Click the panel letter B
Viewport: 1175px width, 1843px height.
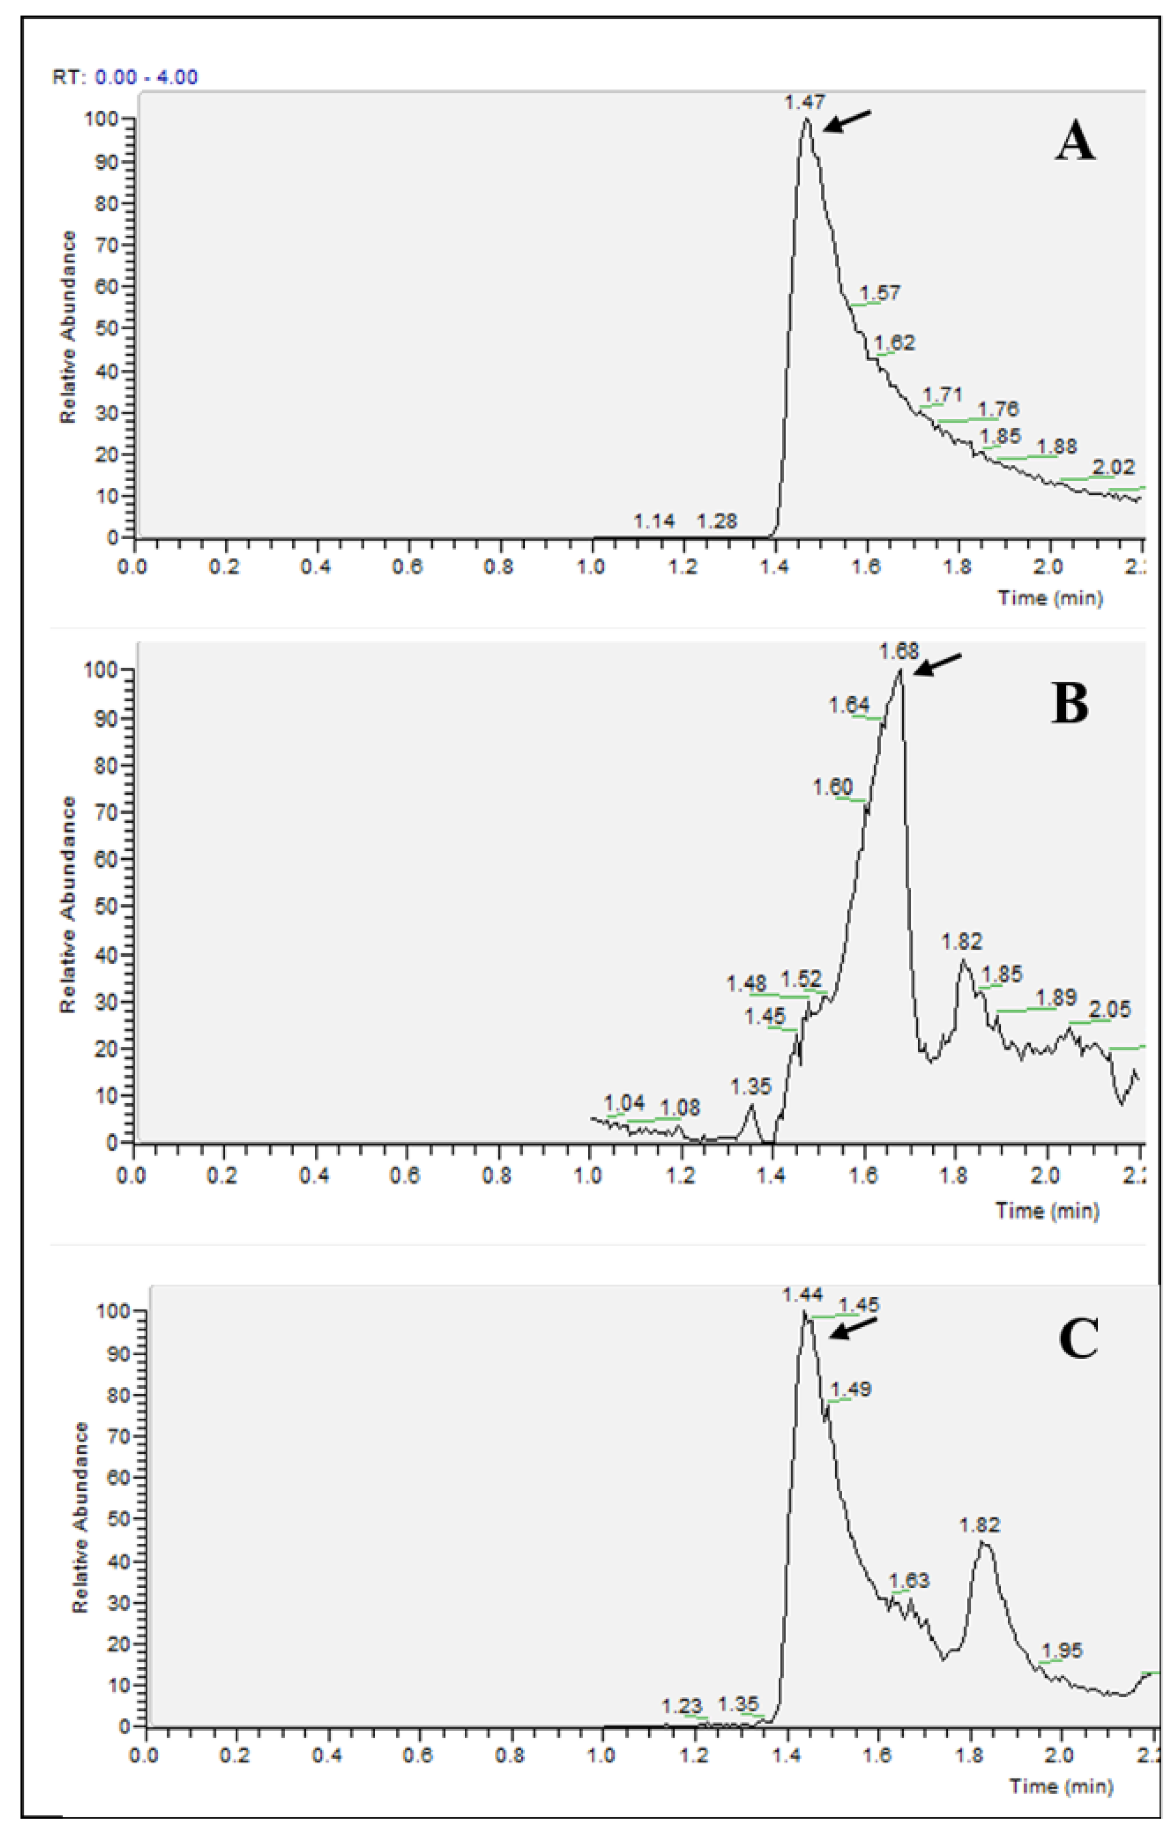[x=1069, y=703]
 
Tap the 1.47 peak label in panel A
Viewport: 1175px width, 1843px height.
[x=805, y=102]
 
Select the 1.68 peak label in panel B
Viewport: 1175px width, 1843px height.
[x=898, y=651]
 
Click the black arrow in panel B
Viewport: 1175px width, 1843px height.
[x=938, y=664]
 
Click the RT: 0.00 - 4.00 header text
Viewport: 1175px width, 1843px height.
[x=124, y=77]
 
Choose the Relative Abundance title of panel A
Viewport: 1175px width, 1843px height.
[x=69, y=326]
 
